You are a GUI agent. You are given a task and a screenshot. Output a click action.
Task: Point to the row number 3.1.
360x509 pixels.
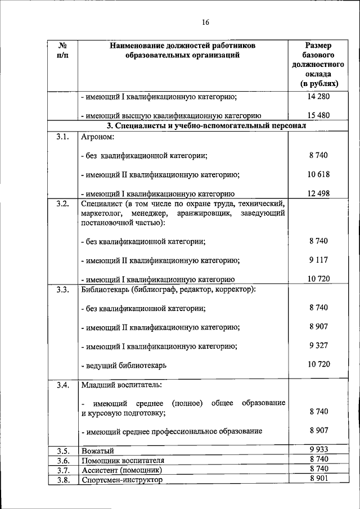(62, 136)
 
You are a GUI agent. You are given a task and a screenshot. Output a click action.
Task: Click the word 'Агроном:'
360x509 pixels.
(98, 136)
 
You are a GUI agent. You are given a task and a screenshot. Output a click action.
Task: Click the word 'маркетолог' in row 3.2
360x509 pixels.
(100, 213)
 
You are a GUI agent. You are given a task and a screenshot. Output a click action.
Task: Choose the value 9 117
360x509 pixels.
(318, 260)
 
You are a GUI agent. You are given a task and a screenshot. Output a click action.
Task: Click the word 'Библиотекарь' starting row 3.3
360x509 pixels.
(105, 289)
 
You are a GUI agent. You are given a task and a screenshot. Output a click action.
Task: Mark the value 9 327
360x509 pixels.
(318, 345)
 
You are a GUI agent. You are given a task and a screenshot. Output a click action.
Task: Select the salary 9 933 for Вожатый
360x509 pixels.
(318, 449)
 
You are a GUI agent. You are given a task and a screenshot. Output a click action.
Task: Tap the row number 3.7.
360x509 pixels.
(62, 470)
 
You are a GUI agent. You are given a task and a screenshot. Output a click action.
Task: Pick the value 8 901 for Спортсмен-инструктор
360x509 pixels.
(318, 479)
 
